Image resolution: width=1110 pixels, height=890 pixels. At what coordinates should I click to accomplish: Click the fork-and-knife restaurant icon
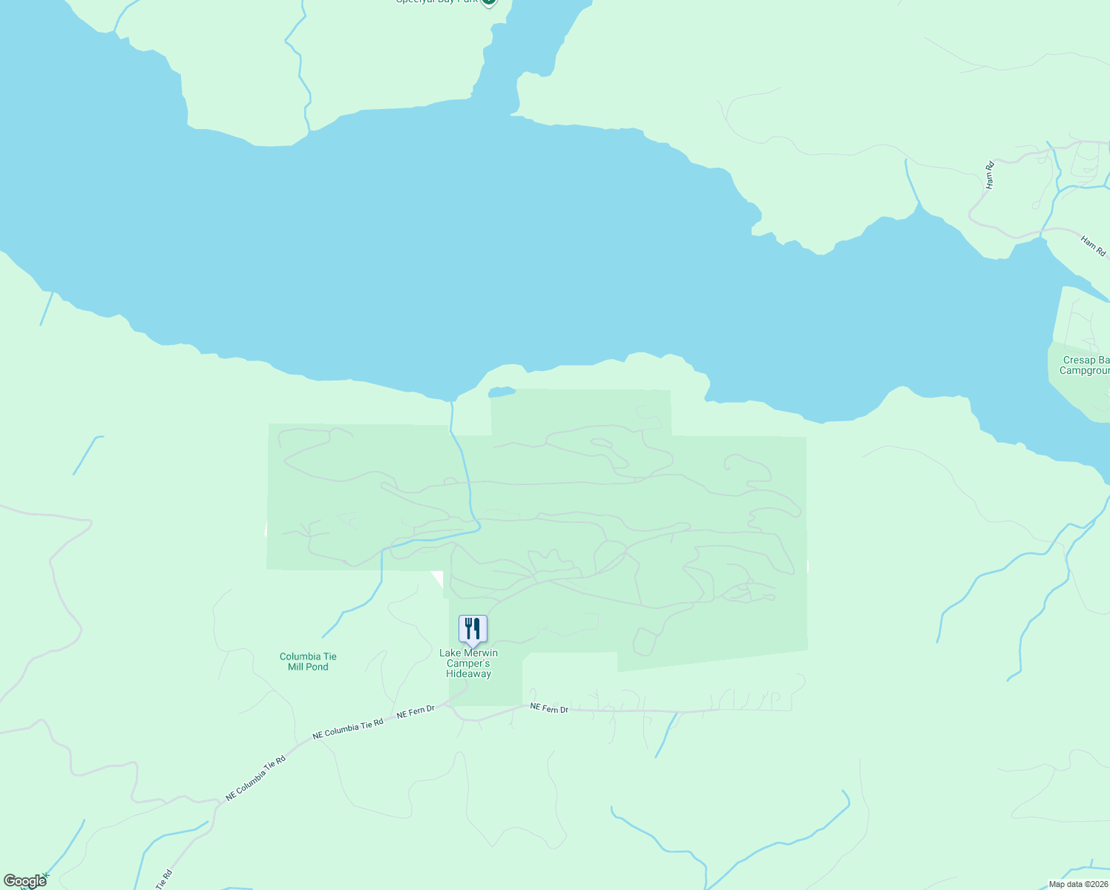click(x=473, y=629)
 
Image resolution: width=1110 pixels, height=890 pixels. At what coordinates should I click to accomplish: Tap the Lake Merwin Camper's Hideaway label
click(x=468, y=663)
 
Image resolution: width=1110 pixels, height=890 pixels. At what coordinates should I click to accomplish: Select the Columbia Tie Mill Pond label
click(x=308, y=662)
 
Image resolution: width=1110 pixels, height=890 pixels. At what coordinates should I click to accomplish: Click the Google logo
click(x=24, y=881)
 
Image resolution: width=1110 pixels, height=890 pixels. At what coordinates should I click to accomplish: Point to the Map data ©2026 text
click(x=1077, y=884)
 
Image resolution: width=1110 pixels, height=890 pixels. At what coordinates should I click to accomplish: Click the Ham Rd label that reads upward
click(x=989, y=175)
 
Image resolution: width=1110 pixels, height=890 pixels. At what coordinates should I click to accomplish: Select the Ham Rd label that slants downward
click(x=1093, y=246)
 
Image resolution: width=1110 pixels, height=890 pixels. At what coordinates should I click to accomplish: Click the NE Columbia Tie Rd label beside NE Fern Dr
click(x=348, y=729)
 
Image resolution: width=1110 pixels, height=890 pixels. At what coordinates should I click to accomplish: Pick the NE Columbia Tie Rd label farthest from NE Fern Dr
click(x=256, y=777)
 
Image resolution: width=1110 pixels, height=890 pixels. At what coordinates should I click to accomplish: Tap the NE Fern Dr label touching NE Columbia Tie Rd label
click(x=416, y=713)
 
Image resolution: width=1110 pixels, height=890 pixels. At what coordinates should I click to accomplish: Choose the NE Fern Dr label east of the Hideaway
click(x=549, y=709)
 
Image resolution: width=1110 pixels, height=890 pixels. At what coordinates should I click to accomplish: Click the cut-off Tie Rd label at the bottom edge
click(x=164, y=880)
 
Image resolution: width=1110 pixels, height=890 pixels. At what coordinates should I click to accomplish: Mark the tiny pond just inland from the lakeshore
click(x=502, y=392)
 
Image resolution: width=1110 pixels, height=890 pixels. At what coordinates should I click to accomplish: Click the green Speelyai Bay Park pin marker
click(x=488, y=2)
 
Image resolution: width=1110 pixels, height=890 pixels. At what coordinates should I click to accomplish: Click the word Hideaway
click(x=468, y=673)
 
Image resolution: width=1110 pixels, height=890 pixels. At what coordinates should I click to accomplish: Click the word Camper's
click(x=468, y=663)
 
